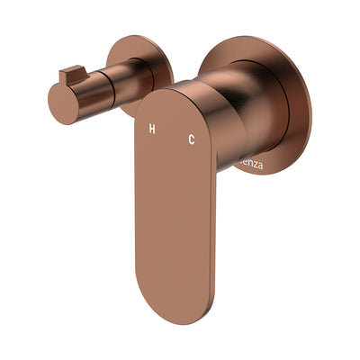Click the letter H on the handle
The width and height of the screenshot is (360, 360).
(x=151, y=130)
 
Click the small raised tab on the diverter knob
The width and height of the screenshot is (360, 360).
(x=71, y=72)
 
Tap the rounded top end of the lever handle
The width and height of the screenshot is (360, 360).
(x=171, y=97)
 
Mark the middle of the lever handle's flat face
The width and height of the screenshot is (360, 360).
(x=175, y=207)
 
